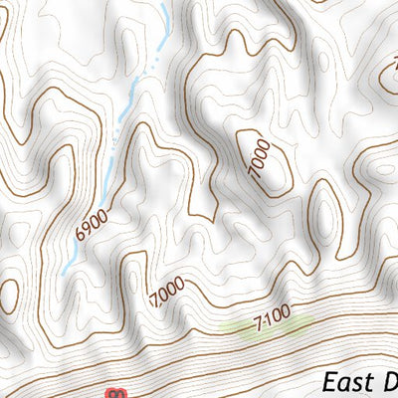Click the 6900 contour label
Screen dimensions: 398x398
(91, 224)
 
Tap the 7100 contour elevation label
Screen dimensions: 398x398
(272, 316)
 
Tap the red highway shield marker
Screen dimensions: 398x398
(117, 394)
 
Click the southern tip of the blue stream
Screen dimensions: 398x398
(63, 272)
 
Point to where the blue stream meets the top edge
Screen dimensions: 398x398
(164, 2)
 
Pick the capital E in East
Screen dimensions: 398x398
(329, 382)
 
